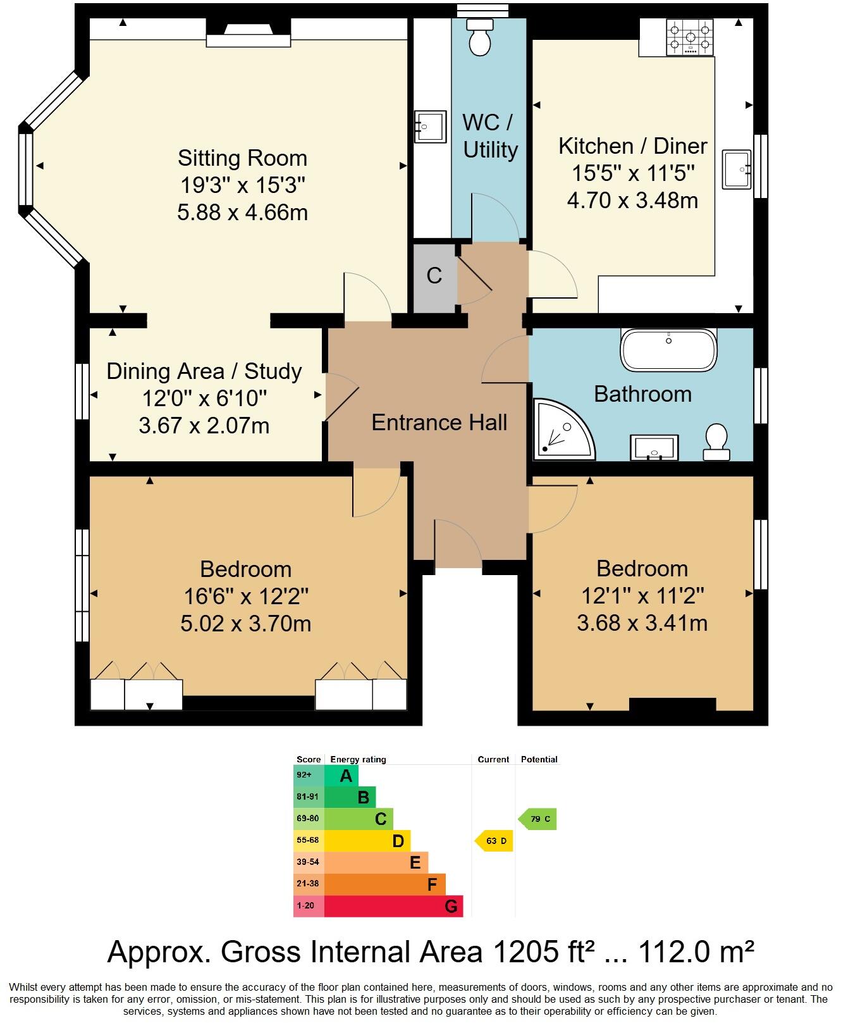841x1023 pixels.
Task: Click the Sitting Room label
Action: click(x=242, y=158)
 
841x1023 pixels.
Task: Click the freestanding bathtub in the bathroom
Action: click(x=669, y=350)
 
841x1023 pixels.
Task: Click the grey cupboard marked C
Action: click(x=434, y=276)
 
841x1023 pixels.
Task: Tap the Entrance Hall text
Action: click(x=439, y=422)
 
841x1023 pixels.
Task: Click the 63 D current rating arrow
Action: click(x=494, y=841)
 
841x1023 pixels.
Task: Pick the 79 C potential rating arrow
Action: click(x=538, y=819)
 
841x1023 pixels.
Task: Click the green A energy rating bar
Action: click(x=342, y=776)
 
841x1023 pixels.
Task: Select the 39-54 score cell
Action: click(x=308, y=862)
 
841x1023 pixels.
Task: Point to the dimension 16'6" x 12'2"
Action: click(x=245, y=597)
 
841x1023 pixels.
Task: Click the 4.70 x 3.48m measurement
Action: click(x=632, y=201)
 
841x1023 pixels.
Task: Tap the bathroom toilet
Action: click(x=716, y=442)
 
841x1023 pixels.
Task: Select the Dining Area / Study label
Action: click(x=204, y=371)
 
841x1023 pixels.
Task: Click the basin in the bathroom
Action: click(x=654, y=447)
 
